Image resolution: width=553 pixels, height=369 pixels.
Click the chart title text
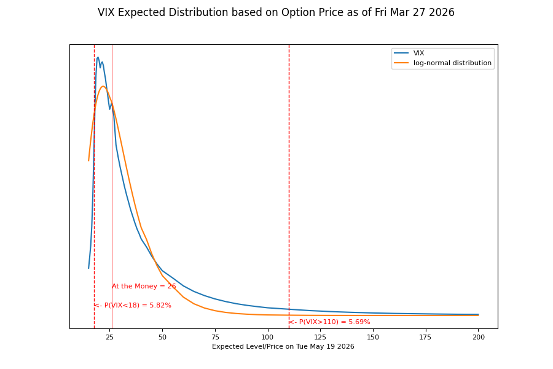276,13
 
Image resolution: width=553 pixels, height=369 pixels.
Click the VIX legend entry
418,54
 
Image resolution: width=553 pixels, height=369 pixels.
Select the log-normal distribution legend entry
452,63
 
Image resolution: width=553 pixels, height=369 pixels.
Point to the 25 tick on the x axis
109,337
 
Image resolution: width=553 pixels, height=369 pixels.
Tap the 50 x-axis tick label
162,337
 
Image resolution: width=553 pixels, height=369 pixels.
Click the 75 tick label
215,337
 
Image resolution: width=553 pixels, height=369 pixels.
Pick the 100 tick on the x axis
267,337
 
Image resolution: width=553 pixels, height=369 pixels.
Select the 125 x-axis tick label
320,337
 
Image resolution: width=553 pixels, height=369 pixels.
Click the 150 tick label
373,337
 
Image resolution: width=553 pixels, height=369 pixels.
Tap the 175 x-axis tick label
426,337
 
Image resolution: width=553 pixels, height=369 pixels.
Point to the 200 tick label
479,337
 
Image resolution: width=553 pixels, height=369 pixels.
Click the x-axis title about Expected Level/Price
283,347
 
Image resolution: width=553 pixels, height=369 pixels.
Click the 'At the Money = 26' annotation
144,287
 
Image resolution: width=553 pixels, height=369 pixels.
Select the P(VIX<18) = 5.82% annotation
133,306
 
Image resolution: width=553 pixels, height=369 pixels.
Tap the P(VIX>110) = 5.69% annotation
329,322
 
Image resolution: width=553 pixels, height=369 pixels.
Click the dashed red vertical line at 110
289,184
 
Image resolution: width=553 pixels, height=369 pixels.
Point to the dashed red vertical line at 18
94,184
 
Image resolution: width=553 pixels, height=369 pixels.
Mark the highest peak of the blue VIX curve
98,57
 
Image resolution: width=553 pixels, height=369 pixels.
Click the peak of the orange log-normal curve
103,86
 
